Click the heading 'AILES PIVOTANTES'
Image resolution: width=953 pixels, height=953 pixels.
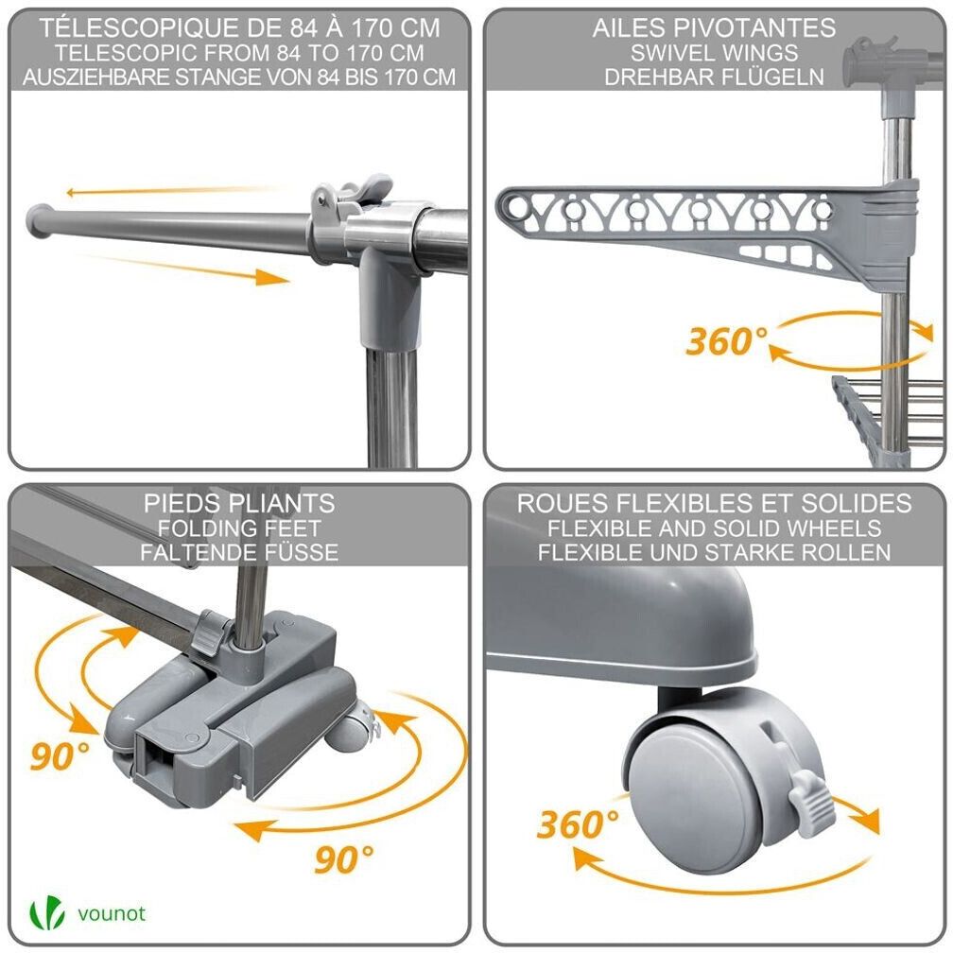[x=714, y=28]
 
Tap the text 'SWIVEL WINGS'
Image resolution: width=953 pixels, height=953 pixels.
[x=714, y=53]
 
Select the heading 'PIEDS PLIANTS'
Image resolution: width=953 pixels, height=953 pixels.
[x=239, y=503]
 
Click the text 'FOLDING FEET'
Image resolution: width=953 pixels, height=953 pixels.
[x=239, y=528]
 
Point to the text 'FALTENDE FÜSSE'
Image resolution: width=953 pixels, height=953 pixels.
[x=239, y=552]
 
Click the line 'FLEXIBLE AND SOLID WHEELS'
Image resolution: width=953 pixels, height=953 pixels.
[x=714, y=528]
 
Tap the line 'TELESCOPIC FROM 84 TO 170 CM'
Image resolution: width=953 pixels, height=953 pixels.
[x=239, y=53]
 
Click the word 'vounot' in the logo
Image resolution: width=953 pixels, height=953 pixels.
[x=112, y=913]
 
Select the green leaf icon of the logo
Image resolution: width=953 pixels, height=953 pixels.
[x=47, y=913]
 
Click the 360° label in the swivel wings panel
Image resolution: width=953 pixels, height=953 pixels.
[x=726, y=341]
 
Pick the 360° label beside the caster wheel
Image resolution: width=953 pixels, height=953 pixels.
[x=578, y=824]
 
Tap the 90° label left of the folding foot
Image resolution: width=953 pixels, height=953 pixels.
[x=60, y=756]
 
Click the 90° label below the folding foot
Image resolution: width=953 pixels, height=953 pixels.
[x=344, y=858]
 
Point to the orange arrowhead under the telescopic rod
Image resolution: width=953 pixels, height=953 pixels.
[x=271, y=278]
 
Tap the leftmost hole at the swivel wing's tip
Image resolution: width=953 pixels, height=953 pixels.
[x=517, y=207]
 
